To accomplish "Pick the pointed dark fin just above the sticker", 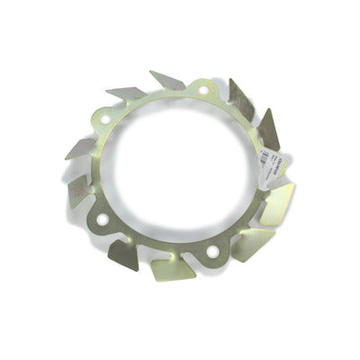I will (268, 129).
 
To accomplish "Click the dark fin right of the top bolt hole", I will (238, 97).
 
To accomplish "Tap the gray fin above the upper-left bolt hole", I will (126, 93).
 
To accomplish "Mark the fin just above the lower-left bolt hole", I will (78, 189).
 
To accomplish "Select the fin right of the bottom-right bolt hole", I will (249, 240).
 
